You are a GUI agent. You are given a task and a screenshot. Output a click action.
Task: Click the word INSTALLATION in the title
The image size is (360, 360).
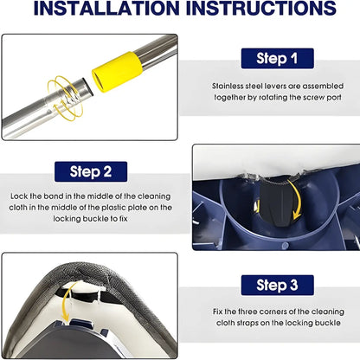click(x=107, y=8)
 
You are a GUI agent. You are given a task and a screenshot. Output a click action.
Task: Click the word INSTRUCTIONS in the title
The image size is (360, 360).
click(x=261, y=8)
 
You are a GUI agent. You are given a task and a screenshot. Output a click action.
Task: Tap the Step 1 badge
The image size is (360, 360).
click(x=277, y=58)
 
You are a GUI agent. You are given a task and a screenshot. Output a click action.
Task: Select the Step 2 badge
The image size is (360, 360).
click(x=91, y=171)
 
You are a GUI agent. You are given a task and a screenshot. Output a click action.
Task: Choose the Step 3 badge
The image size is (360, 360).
click(x=277, y=285)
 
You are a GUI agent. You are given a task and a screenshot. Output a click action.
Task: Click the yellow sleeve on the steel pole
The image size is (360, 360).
click(x=117, y=72)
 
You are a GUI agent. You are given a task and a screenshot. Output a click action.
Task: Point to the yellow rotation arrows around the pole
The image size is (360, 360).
click(x=66, y=98)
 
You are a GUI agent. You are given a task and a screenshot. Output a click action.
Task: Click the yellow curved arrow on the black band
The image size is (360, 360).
click(x=295, y=199)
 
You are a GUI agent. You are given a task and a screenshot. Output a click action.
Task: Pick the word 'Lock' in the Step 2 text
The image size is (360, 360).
click(x=19, y=196)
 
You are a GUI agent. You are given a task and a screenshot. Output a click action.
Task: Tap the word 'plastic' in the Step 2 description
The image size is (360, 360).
click(x=113, y=208)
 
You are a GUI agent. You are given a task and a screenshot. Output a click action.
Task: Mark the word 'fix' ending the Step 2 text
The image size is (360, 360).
click(x=123, y=219)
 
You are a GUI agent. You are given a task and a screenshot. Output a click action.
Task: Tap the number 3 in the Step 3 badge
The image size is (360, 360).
click(x=293, y=285)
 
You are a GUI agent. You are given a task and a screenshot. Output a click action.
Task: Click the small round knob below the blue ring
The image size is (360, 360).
click(x=285, y=246)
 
